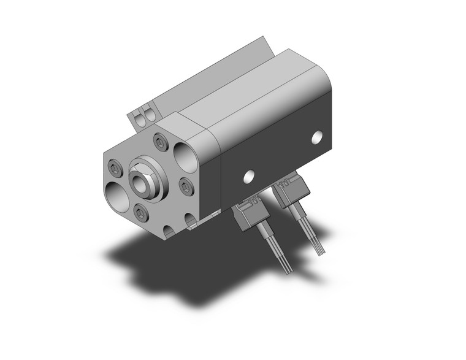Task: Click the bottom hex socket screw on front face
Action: pyautogui.click(x=140, y=213)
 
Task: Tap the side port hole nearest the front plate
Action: pyautogui.click(x=248, y=177)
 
